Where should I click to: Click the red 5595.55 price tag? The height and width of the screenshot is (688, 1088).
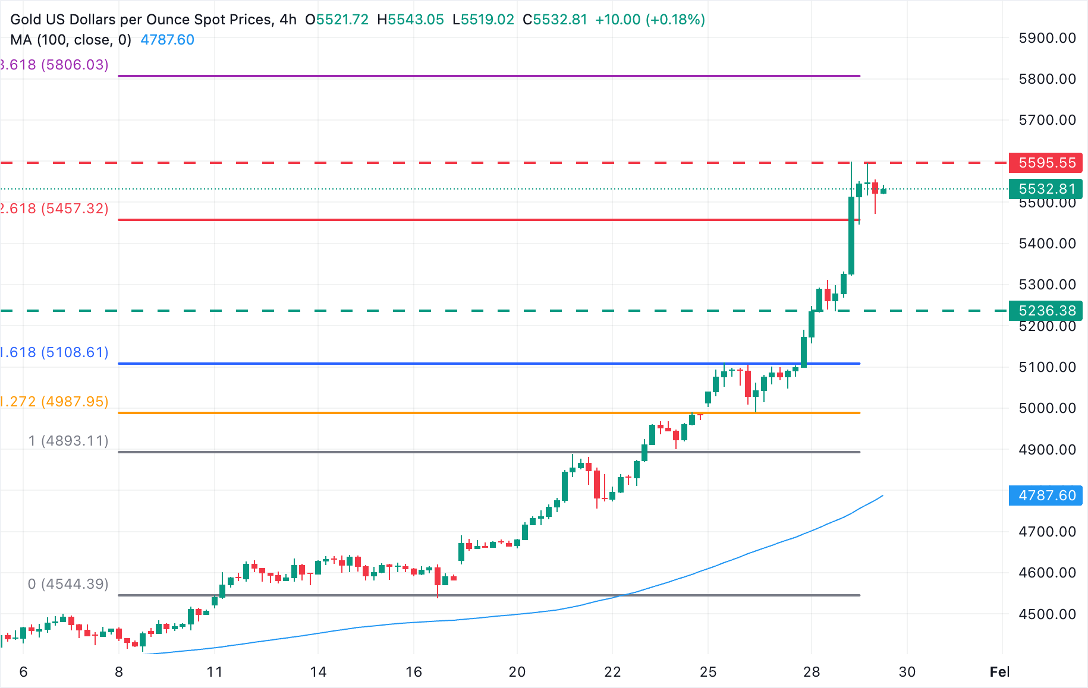tap(1046, 163)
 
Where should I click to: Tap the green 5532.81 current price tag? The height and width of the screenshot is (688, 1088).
tap(1046, 189)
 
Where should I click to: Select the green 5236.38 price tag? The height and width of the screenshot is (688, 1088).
tap(1046, 311)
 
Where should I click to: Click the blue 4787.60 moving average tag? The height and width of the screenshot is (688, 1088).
tap(1046, 496)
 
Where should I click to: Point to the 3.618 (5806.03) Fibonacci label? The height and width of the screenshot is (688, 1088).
tap(54, 65)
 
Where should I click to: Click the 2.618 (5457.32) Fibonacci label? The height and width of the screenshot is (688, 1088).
tap(54, 209)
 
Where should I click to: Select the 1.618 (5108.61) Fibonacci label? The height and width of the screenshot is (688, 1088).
tap(54, 352)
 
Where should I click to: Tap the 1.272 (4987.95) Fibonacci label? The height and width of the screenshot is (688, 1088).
tap(54, 402)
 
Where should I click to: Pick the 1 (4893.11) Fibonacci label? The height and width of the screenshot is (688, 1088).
tap(68, 441)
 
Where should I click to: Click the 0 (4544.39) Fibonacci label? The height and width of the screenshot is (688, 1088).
tap(68, 584)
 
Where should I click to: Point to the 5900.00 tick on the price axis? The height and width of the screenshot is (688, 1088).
tap(1047, 38)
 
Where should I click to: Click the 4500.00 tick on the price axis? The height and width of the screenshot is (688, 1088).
tap(1047, 614)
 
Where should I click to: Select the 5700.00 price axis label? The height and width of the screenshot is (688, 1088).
tap(1047, 120)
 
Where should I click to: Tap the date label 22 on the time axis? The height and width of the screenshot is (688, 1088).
tap(612, 672)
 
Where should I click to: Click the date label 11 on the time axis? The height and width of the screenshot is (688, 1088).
tap(215, 672)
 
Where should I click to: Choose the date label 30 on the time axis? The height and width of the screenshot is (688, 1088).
tap(907, 672)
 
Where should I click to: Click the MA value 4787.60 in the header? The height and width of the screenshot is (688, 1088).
tap(167, 40)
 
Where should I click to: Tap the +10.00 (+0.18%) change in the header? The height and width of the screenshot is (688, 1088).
tap(650, 20)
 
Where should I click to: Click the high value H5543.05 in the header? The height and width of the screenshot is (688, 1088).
tap(410, 20)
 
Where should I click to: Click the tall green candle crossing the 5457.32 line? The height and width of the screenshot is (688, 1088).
tap(851, 236)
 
